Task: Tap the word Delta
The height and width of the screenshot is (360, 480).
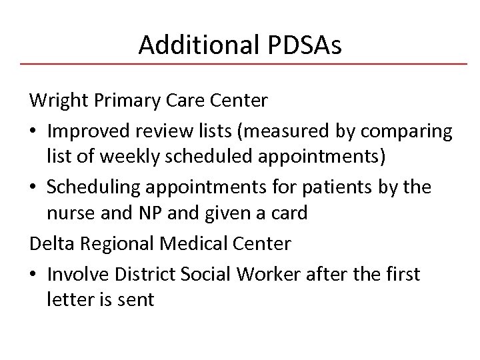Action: (x=51, y=243)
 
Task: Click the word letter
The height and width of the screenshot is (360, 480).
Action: (x=67, y=300)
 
